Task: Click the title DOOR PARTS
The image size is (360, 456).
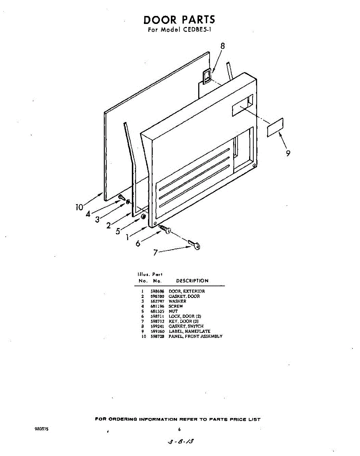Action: click(179, 20)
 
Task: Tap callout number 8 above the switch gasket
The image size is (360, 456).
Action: click(223, 46)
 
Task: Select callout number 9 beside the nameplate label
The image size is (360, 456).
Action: click(288, 153)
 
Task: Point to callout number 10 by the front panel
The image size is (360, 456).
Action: click(79, 207)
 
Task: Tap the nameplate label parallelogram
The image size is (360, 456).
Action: click(275, 127)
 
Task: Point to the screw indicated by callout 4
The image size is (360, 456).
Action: click(122, 197)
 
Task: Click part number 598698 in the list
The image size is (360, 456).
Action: click(156, 291)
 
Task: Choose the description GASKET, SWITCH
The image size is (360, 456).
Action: click(186, 326)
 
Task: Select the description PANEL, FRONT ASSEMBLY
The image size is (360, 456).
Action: click(196, 336)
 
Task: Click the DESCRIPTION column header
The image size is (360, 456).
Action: click(192, 281)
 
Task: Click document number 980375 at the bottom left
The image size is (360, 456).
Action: click(42, 429)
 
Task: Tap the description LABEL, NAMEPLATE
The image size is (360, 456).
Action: click(189, 331)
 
